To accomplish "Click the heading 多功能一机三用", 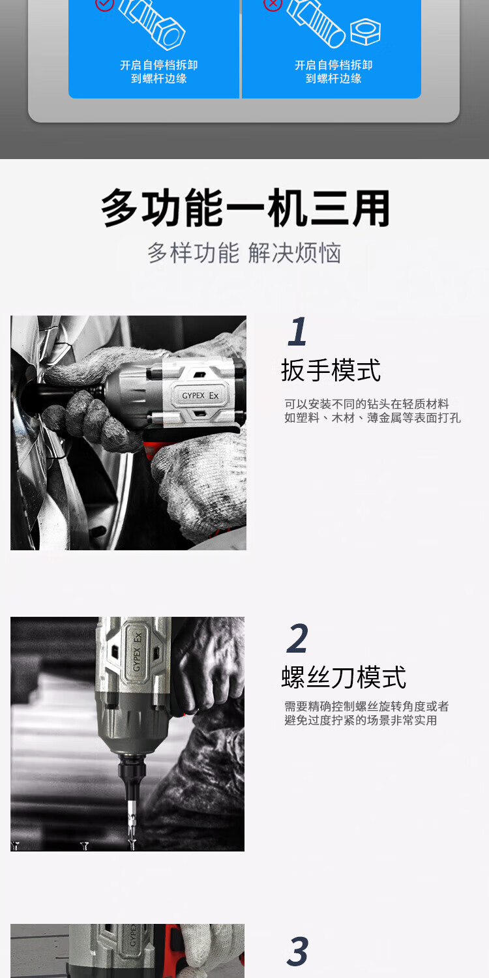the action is pos(245,208).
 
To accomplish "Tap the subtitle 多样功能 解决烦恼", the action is pos(244,253).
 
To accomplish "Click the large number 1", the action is pos(297,331).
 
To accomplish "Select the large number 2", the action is pos(297,638).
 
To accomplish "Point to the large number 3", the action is pos(298,951).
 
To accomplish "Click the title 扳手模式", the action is pos(331,370).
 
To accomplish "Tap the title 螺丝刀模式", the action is pos(344,677).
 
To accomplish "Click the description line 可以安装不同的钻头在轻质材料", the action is pos(366,404).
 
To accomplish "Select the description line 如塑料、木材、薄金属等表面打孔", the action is pos(372,418).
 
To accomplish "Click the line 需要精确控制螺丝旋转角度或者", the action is pos(366,706).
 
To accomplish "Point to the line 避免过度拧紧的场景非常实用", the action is pos(361,720).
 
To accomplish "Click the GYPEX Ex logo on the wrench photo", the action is pos(200,396).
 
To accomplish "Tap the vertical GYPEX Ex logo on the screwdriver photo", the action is pos(137,652).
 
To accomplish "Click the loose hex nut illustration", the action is pos(365,31).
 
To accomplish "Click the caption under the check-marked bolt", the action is pos(159,72).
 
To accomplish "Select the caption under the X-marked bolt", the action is pos(334,72).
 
